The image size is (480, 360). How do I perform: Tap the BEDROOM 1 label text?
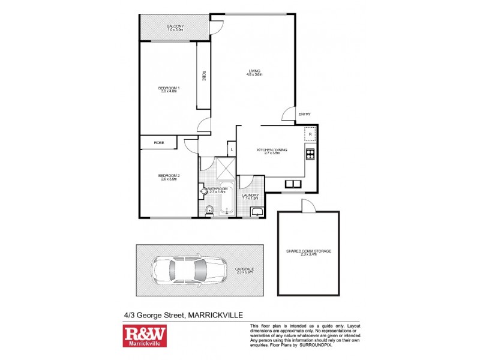pyautogui.click(x=169, y=89)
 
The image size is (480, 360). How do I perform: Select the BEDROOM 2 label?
pyautogui.click(x=170, y=176)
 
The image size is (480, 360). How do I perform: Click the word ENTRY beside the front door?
pyautogui.click(x=304, y=114)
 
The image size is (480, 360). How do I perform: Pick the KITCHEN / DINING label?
pyautogui.click(x=273, y=149)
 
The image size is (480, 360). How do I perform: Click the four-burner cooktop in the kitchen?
pyautogui.click(x=311, y=155)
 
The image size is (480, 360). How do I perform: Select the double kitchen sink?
pyautogui.click(x=293, y=184)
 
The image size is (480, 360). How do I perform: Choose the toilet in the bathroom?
pyautogui.click(x=208, y=209)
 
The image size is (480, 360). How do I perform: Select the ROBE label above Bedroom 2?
pyautogui.click(x=158, y=143)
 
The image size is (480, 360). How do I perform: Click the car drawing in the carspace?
pyautogui.click(x=187, y=270)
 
